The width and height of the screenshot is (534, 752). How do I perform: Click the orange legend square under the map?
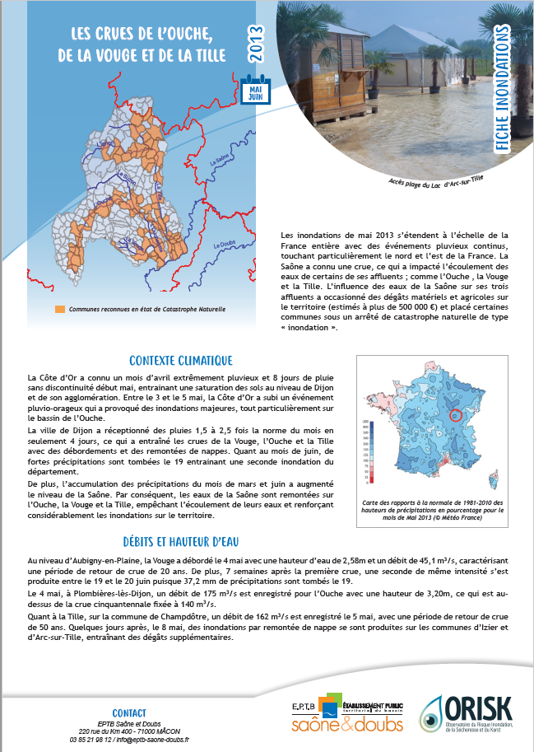pyautogui.click(x=59, y=310)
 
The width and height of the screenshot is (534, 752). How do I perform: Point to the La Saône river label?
pyautogui.click(x=221, y=161)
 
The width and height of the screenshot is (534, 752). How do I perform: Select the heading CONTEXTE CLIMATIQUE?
pyautogui.click(x=181, y=361)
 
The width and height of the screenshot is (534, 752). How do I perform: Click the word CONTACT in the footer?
pyautogui.click(x=129, y=712)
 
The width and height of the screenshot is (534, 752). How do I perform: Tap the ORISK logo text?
pyautogui.click(x=480, y=707)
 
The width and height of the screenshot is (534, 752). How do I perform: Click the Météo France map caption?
pyautogui.click(x=431, y=511)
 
